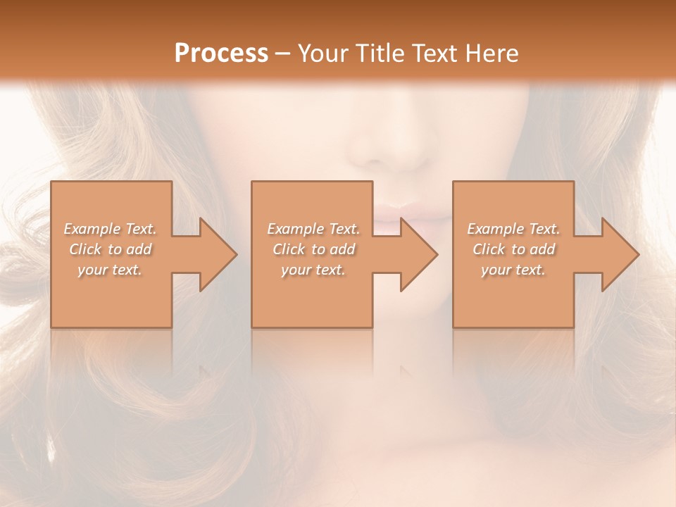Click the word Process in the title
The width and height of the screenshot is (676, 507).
pos(221,53)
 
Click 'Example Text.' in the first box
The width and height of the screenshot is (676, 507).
pos(110,229)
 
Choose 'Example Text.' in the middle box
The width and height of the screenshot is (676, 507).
pos(313,229)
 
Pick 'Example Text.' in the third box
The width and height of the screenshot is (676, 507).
pos(513,229)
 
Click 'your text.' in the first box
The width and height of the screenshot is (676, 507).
pos(110,270)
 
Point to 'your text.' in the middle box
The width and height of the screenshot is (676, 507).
pos(313,270)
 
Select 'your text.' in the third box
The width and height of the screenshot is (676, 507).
pos(513,270)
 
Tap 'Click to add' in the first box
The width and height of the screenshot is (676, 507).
pos(110,249)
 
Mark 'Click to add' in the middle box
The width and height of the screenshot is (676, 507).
pos(313,249)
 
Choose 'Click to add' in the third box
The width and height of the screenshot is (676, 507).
pos(513,249)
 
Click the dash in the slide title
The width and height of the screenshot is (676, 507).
pos(283,54)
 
